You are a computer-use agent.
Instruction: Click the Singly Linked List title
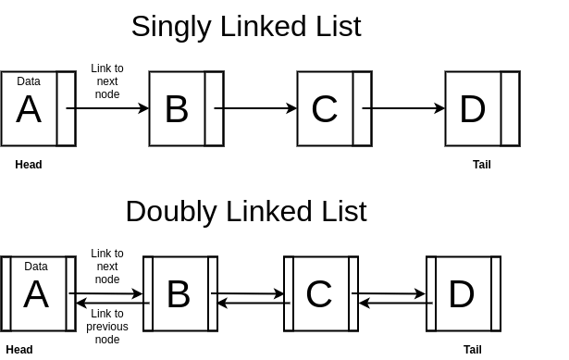[245, 26]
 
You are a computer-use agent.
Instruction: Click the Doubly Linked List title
[245, 211]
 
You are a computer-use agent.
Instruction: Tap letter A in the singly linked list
[29, 110]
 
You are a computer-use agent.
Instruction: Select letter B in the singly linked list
[177, 109]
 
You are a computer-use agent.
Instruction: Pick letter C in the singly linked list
[324, 109]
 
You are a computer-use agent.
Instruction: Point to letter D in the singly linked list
[472, 109]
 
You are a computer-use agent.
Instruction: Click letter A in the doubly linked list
[36, 295]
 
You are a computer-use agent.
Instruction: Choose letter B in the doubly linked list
[178, 294]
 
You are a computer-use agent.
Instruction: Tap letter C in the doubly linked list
[318, 294]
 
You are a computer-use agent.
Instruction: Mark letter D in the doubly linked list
[461, 294]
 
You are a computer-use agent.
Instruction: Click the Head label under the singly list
[29, 165]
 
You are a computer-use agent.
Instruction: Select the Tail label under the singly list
[482, 165]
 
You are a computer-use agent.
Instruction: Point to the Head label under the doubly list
[19, 350]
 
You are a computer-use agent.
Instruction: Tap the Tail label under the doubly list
[473, 350]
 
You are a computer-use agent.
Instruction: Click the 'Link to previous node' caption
[107, 327]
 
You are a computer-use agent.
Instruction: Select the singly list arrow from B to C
[255, 108]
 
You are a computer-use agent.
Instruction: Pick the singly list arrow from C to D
[403, 108]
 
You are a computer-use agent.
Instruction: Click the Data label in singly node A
[29, 81]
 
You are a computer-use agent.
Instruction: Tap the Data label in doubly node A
[36, 267]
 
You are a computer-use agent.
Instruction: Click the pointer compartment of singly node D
[510, 109]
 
